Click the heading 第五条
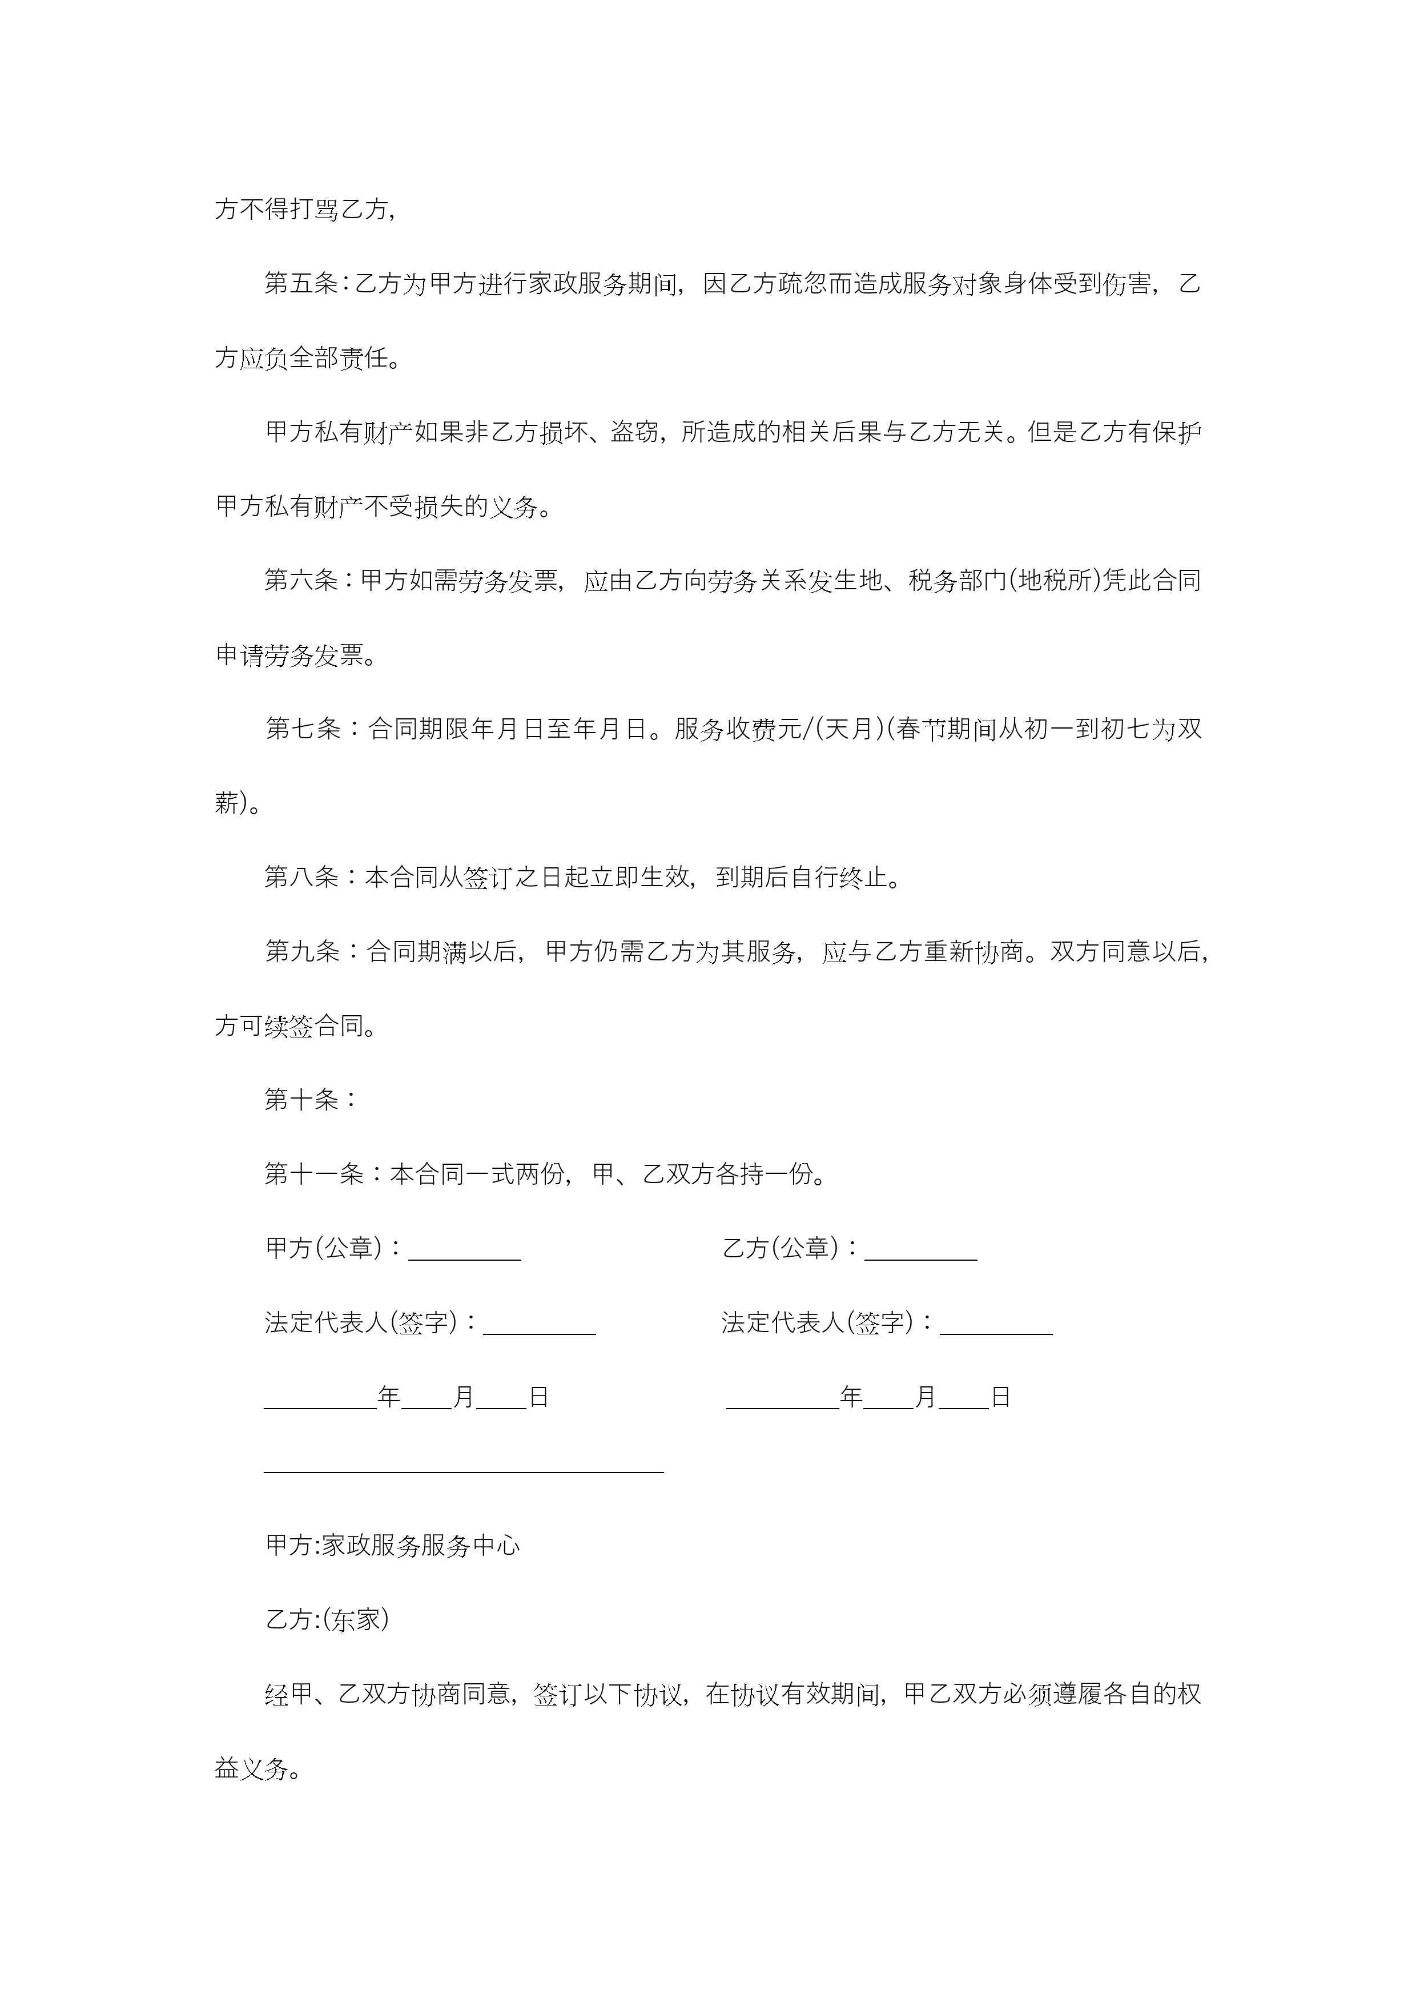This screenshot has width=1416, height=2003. pos(301,284)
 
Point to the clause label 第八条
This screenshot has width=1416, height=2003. pos(301,877)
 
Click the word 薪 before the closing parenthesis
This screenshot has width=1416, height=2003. pos(227,803)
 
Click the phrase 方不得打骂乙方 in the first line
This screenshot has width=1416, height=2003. pos(301,210)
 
